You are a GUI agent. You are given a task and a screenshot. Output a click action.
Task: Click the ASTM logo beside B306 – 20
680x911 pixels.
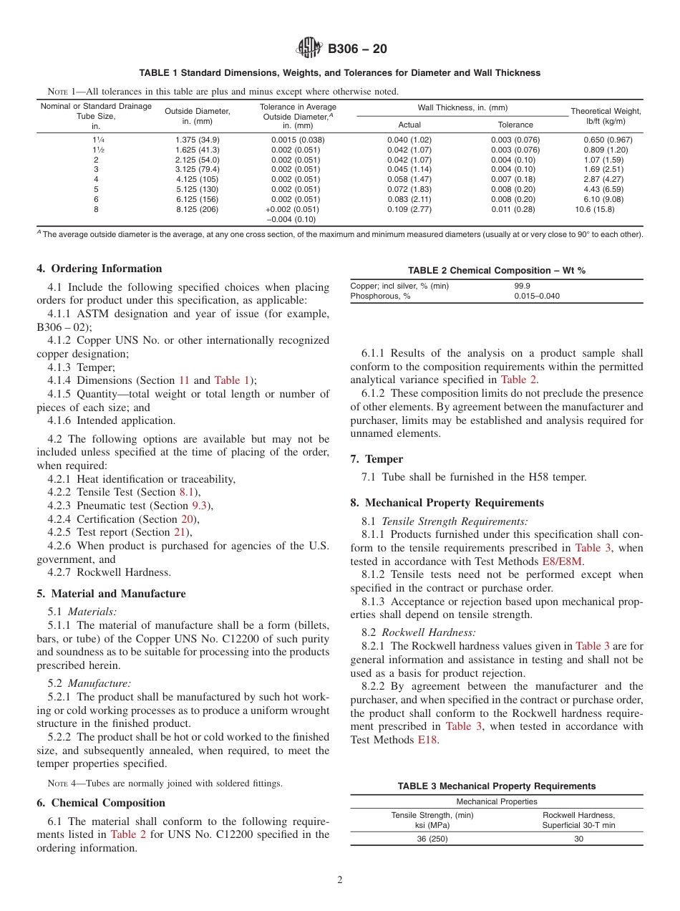tap(309, 49)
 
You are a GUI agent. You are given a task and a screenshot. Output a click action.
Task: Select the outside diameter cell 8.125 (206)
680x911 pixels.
tap(197, 210)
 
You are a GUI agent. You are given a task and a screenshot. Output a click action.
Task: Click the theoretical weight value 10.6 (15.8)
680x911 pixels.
tap(594, 210)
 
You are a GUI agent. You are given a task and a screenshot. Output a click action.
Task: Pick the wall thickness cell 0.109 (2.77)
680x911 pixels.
tap(409, 210)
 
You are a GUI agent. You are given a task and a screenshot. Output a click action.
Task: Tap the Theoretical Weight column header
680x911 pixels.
tap(606, 116)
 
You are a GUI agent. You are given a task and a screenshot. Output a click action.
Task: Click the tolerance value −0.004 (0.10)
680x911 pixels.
tap(291, 220)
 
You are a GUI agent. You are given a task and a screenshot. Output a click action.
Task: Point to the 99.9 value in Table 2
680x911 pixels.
tap(522, 286)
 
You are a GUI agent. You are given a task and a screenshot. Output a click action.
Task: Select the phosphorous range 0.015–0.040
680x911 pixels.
tap(537, 296)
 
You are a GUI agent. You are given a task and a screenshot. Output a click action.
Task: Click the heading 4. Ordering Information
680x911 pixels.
tap(99, 269)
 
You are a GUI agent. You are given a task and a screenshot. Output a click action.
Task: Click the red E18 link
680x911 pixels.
tap(428, 740)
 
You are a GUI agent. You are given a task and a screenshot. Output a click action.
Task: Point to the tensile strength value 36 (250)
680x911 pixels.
tap(432, 839)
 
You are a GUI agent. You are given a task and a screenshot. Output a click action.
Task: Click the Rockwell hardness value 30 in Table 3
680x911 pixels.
tap(578, 839)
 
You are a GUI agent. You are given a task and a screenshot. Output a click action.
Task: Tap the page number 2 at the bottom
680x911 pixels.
tap(340, 880)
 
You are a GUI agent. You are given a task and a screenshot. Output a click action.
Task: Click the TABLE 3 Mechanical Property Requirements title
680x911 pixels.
tap(496, 786)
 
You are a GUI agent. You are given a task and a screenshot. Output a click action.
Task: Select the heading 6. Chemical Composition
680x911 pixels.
tap(101, 803)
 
